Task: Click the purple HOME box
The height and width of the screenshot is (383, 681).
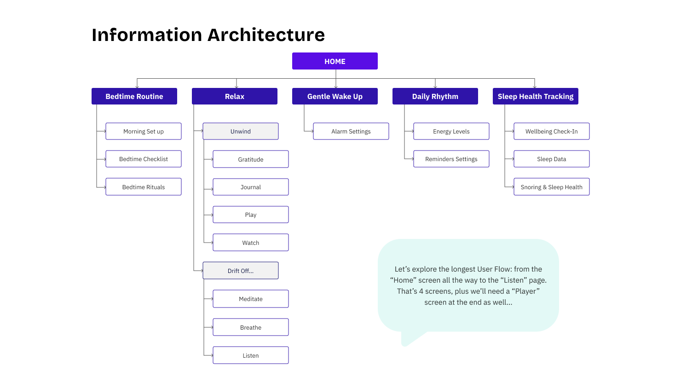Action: [335, 61]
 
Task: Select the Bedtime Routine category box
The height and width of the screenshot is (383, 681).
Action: [134, 96]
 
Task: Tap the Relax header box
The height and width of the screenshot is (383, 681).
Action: [234, 96]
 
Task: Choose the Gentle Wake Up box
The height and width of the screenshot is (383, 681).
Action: [335, 96]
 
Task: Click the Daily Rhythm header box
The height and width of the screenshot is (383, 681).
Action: [435, 96]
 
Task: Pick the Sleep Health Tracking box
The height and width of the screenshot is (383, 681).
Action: [535, 96]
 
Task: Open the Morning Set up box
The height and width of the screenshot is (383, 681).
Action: [144, 131]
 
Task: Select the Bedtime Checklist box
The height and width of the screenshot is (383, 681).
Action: [144, 159]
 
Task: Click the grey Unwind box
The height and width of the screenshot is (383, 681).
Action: [241, 131]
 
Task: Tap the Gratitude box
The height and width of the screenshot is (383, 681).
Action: [251, 159]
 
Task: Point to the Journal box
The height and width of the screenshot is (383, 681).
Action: [251, 187]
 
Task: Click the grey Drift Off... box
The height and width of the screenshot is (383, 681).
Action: [241, 271]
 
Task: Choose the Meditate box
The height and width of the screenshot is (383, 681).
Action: [251, 299]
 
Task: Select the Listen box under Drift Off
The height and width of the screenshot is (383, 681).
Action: [251, 355]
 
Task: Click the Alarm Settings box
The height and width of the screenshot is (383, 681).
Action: [351, 131]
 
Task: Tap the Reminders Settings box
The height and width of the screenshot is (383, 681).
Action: [451, 159]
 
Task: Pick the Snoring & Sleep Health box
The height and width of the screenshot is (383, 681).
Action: [552, 187]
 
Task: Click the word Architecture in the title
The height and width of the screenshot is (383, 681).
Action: [266, 35]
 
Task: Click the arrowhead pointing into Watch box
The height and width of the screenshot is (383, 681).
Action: [211, 243]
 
